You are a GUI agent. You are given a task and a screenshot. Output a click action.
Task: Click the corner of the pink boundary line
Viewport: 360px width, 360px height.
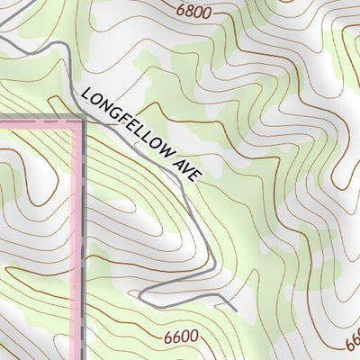coord(80,120)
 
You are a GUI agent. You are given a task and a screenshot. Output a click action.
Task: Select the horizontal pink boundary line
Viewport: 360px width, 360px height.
coord(36,120)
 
